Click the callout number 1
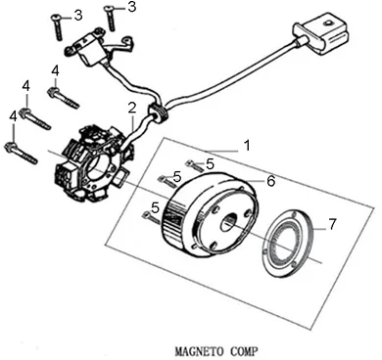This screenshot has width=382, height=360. [x=247, y=146]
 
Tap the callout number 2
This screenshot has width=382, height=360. [x=131, y=108]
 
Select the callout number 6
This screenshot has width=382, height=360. [x=270, y=181]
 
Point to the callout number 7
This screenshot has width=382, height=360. [x=331, y=224]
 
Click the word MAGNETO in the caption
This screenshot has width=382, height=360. [x=200, y=351]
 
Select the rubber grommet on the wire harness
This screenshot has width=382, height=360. [x=158, y=112]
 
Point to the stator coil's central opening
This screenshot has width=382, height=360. [x=100, y=166]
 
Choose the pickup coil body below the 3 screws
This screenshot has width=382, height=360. [x=86, y=50]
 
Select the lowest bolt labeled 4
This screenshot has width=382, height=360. [x=21, y=152]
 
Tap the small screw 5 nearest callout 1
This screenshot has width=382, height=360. [x=194, y=165]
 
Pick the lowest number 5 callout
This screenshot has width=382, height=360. [x=156, y=207]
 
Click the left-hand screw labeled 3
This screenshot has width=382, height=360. [x=58, y=27]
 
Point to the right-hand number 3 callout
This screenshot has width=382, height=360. [x=131, y=7]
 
